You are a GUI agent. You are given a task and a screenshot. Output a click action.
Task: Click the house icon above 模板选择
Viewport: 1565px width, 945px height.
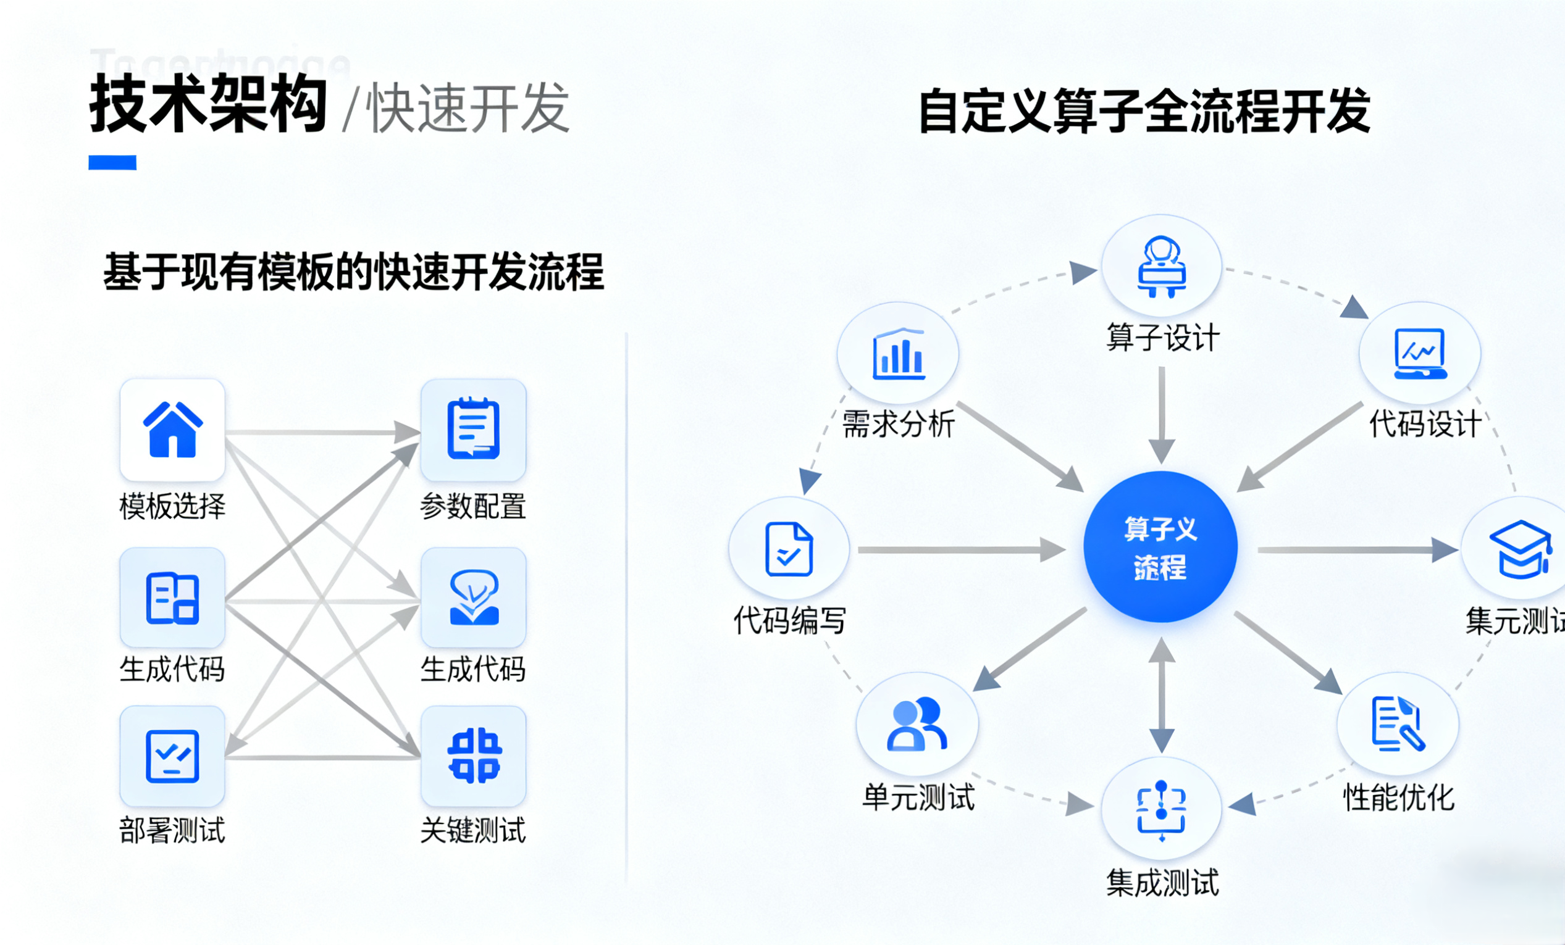[172, 430]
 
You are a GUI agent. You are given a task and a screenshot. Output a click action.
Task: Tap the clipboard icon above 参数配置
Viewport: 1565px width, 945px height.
[473, 429]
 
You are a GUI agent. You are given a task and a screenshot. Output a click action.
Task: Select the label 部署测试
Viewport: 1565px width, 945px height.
[172, 830]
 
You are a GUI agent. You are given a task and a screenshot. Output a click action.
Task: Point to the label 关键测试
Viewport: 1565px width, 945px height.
[473, 830]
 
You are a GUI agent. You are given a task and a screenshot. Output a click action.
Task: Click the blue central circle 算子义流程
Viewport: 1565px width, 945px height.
[1160, 547]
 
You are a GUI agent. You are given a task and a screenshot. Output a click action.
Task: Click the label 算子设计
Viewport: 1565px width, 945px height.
[1162, 337]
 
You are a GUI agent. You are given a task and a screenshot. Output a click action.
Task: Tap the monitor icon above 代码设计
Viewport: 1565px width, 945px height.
[1419, 354]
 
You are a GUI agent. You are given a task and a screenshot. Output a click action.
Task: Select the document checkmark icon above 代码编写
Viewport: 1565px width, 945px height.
[789, 549]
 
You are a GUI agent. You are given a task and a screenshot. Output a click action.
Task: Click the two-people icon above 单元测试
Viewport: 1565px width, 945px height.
[917, 724]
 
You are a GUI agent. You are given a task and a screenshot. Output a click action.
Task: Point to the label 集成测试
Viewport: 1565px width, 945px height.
[1162, 883]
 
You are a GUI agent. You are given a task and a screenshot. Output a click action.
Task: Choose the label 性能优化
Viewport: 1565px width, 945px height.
[1398, 797]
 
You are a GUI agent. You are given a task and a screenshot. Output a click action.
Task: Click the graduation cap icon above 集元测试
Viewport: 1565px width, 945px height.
[1521, 549]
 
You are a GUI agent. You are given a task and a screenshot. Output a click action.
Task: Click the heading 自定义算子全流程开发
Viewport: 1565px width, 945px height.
[1144, 111]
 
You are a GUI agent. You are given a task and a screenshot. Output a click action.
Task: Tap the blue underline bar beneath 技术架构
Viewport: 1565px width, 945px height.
[112, 162]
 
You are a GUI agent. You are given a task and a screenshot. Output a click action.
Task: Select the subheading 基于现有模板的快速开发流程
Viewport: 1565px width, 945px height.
[353, 272]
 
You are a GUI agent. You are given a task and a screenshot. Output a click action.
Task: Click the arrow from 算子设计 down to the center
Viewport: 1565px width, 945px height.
[1162, 415]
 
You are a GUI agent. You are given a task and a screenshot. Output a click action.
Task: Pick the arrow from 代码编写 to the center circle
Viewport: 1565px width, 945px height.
[961, 549]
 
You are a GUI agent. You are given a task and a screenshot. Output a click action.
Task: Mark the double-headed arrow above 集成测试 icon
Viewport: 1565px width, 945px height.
[1162, 695]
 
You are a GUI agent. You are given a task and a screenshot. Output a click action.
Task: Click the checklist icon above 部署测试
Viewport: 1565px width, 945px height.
[172, 756]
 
